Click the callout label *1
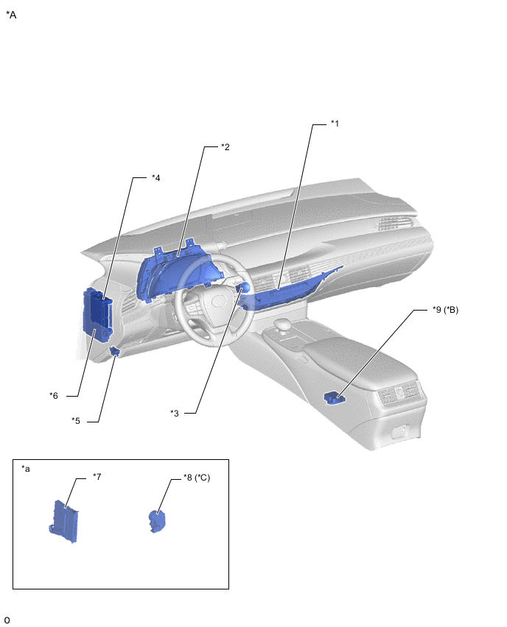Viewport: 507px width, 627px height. coord(335,124)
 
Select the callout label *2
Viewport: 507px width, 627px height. coord(225,146)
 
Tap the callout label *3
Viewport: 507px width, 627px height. coord(175,413)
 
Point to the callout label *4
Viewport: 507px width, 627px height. coord(155,177)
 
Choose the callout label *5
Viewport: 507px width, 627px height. coord(76,421)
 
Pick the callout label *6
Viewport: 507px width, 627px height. coord(54,395)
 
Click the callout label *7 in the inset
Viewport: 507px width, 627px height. coord(97,477)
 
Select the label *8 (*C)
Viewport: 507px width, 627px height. coord(197,478)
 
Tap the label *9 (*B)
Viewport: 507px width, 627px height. coord(445,310)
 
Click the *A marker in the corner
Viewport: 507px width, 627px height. coord(11,15)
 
